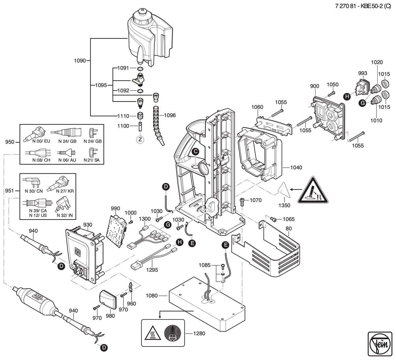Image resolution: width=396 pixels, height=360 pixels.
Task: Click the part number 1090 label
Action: (80, 60)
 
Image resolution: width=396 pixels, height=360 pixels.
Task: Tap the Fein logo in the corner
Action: (379, 343)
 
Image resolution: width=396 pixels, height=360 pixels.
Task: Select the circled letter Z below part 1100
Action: (140, 140)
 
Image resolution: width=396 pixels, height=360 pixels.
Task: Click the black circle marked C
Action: (195, 152)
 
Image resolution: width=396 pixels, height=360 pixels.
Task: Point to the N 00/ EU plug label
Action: (41, 141)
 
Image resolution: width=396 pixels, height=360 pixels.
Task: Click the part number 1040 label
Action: (296, 167)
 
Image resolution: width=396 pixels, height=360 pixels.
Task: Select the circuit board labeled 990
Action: (116, 231)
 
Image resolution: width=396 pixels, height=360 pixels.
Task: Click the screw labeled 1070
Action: (242, 202)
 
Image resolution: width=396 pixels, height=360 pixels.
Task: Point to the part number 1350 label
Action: (284, 205)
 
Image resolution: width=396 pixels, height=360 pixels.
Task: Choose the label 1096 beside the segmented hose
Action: (170, 115)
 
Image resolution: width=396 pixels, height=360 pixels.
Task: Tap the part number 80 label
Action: (289, 229)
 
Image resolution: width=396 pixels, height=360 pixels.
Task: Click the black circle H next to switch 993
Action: (347, 96)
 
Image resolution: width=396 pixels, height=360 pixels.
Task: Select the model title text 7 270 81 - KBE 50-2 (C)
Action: (363, 6)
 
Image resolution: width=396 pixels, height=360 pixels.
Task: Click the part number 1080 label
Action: (151, 296)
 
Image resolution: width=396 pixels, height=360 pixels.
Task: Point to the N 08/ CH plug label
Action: (41, 160)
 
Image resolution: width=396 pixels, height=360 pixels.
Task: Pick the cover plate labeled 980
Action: (108, 299)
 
